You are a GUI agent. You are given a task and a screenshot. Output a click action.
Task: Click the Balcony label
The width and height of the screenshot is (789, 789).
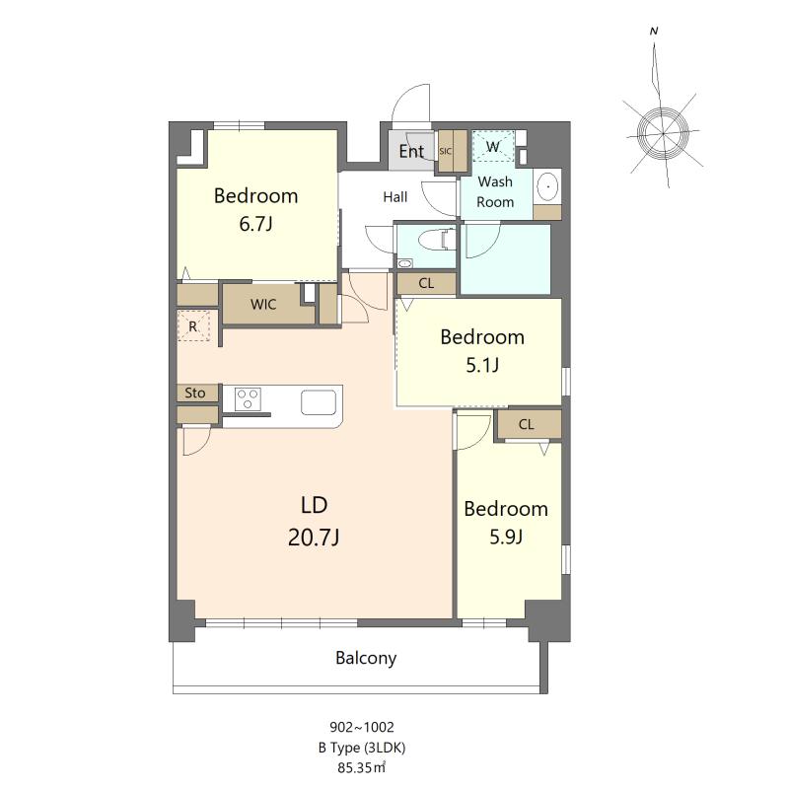click(x=366, y=658)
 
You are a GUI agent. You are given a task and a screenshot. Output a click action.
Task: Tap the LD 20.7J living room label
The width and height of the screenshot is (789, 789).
click(x=314, y=522)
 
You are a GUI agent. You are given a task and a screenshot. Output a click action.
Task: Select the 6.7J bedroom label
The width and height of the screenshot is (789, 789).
click(x=256, y=209)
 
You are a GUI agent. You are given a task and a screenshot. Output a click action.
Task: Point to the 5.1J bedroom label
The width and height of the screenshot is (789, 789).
click(x=482, y=351)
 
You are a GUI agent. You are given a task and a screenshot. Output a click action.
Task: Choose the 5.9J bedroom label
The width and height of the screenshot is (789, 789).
click(x=506, y=523)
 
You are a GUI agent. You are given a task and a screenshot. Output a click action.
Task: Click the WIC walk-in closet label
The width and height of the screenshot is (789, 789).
click(x=263, y=305)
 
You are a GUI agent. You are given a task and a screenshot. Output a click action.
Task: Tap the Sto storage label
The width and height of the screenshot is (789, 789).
click(x=194, y=393)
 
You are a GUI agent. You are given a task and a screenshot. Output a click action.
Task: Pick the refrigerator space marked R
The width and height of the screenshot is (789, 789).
click(x=192, y=327)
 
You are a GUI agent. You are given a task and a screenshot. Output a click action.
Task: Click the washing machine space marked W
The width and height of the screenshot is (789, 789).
click(x=492, y=146)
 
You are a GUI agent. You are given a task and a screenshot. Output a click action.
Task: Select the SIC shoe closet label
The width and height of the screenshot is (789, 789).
click(x=446, y=151)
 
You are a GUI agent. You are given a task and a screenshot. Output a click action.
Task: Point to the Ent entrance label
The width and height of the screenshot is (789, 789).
click(x=411, y=151)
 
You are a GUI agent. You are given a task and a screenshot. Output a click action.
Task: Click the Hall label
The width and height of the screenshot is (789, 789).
click(x=395, y=197)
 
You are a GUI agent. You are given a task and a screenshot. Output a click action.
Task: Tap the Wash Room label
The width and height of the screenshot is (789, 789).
click(x=495, y=191)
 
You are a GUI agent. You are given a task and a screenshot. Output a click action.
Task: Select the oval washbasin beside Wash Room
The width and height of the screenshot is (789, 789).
click(x=547, y=186)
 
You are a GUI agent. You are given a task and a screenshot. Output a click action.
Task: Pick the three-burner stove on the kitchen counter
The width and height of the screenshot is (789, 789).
click(x=249, y=399)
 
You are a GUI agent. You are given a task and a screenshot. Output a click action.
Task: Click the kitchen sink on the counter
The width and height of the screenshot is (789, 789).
click(x=319, y=402)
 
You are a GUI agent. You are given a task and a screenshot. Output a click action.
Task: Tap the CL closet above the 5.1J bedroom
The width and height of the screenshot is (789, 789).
click(x=426, y=283)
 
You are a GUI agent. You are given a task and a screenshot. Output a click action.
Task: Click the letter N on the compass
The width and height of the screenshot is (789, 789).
click(x=654, y=32)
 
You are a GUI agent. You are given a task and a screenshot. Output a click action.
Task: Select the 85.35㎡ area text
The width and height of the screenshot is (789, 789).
click(x=361, y=768)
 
